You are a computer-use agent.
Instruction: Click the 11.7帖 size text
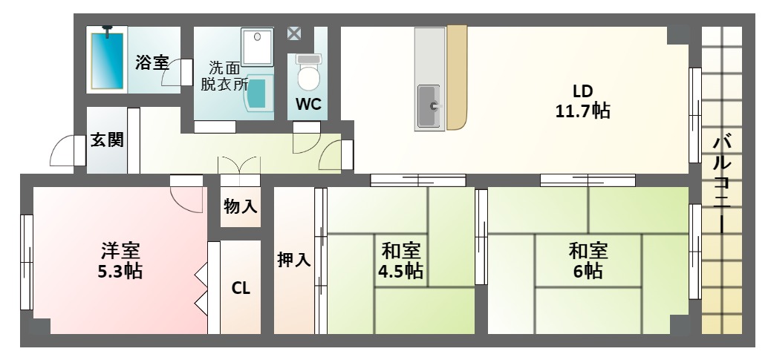pos(582,111)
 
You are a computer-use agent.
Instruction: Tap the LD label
pos(582,91)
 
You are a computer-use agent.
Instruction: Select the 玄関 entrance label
pos(107,140)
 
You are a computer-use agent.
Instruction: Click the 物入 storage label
pos(241,207)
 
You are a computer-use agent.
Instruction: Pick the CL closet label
pos(241,288)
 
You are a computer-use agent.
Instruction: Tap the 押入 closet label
pos(294,260)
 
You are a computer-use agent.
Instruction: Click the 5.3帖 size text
pos(121,271)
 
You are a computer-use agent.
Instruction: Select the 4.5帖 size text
pos(401,271)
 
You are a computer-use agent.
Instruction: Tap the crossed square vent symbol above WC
pos(295,33)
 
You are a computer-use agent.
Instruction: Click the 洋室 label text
pos(121,251)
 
